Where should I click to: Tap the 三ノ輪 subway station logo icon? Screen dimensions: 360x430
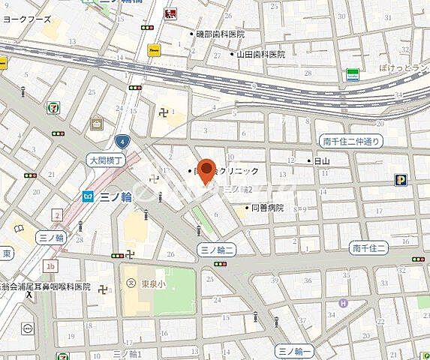pos(88,196)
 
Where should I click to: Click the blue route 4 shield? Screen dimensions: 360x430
pos(121,140)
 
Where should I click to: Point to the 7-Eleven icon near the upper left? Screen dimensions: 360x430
pos(53,108)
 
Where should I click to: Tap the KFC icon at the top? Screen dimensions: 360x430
pos(170,13)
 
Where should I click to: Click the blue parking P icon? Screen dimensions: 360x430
pos(401,179)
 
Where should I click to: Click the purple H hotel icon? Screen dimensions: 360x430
pos(343,303)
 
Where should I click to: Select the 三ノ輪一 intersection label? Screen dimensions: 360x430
pos(293,350)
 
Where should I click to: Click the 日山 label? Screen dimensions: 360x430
pos(320,160)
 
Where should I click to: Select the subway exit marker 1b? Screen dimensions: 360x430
pos(51,265)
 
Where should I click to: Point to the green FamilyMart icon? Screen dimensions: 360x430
pos(351,73)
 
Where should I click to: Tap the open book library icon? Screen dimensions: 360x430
pos(19,228)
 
